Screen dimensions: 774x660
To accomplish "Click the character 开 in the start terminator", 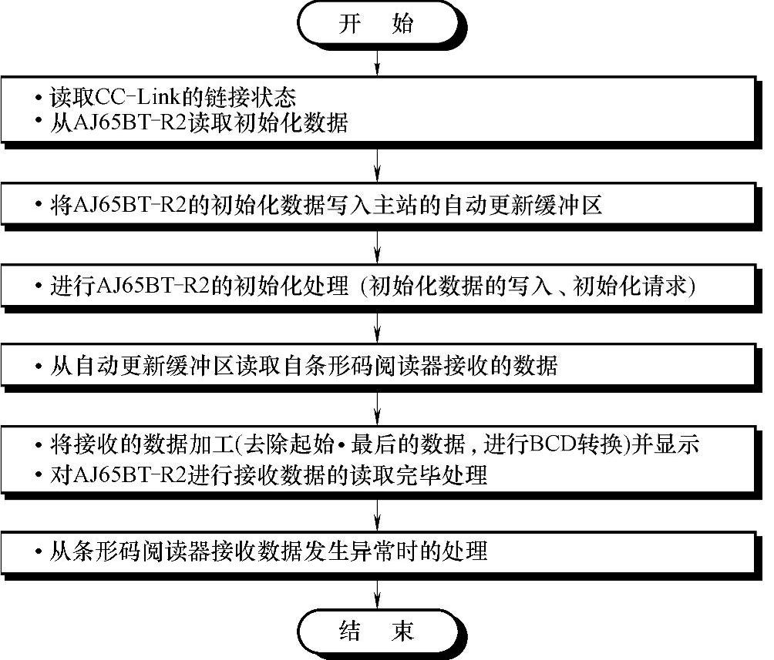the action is (350, 25).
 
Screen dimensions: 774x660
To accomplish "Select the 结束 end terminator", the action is (376, 632).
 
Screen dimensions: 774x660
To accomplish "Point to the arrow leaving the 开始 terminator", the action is (376, 60).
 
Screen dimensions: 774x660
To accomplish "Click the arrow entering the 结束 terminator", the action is (376, 592).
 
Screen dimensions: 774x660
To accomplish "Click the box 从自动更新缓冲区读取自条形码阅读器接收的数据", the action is (376, 366).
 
